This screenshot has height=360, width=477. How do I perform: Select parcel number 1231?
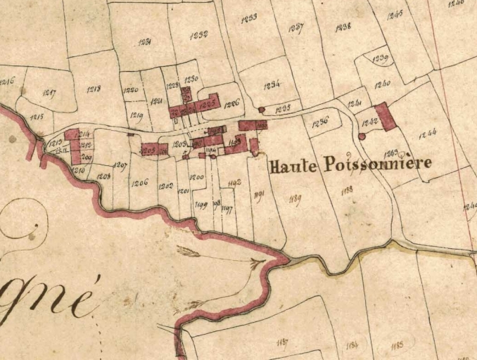pyautogui.click(x=146, y=42)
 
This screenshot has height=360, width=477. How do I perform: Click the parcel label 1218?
pyautogui.click(x=94, y=89)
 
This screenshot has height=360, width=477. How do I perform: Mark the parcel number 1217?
pyautogui.click(x=49, y=93)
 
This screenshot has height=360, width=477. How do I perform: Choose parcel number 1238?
pyautogui.click(x=343, y=28)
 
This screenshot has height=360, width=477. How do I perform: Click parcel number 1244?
pyautogui.click(x=427, y=131)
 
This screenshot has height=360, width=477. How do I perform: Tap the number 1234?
pyautogui.click(x=272, y=84)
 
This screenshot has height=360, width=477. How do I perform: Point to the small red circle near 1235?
pyautogui.click(x=262, y=110)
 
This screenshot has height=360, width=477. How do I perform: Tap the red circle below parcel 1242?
pyautogui.click(x=362, y=136)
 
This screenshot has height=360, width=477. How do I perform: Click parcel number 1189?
pyautogui.click(x=295, y=200)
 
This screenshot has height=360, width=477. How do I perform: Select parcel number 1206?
pyautogui.click(x=139, y=183)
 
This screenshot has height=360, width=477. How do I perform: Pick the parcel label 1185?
pyautogui.click(x=397, y=345)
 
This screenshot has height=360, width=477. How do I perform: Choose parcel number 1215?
pyautogui.click(x=37, y=116)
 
